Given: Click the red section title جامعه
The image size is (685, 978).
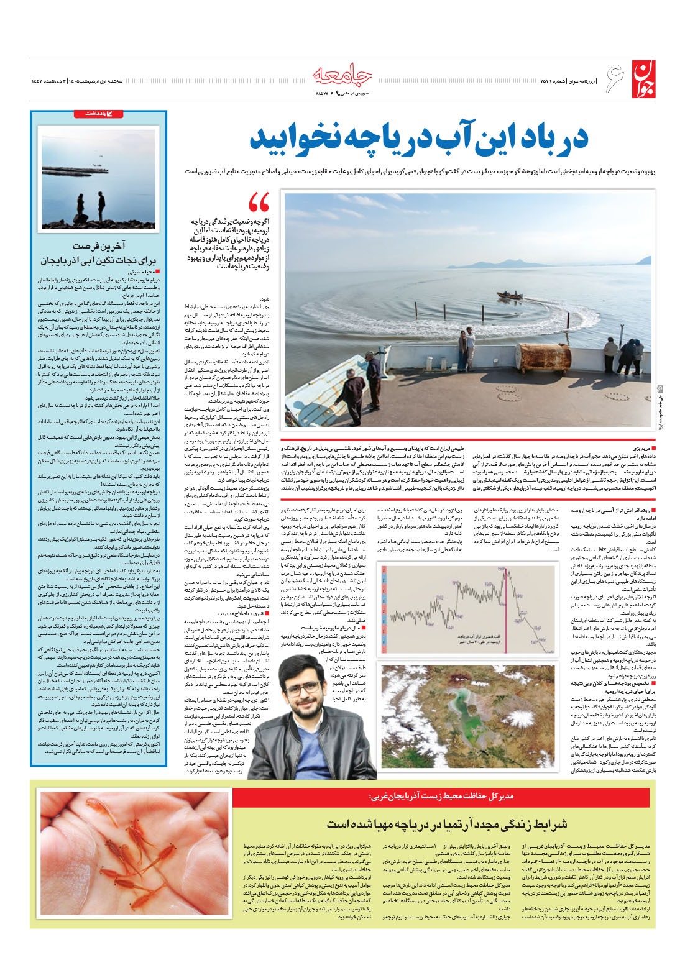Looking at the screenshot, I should [x=342, y=74].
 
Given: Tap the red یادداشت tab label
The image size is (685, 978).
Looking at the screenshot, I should [x=124, y=114].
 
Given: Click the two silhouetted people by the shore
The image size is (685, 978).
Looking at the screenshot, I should [x=90, y=204].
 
